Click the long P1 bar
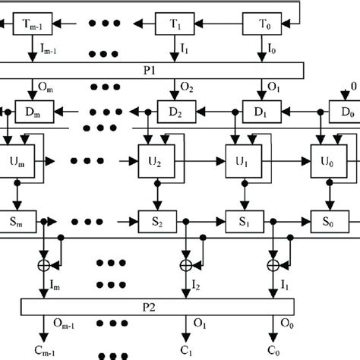point(152,70)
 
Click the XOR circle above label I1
point(273,264)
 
